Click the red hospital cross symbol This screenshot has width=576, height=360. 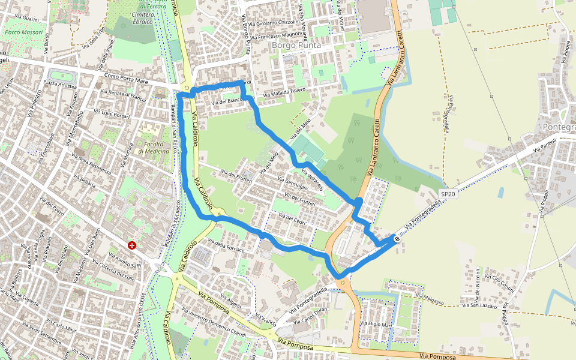pos(131,245)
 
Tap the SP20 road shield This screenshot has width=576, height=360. pos(448,194)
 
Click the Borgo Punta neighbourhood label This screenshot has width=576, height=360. pos(296,45)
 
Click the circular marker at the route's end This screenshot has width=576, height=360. pos(397,239)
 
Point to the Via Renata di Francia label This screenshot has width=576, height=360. pos(123,95)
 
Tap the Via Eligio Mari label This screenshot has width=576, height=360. pos(380,324)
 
